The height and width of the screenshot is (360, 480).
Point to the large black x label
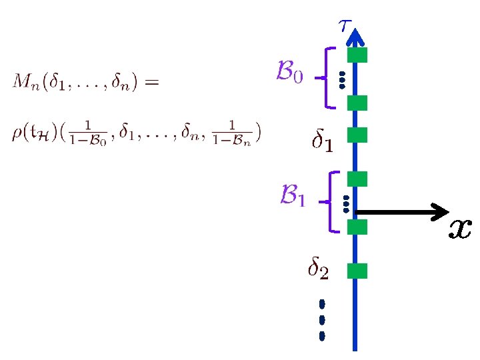[460, 229]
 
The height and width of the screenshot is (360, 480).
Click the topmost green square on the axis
[358, 55]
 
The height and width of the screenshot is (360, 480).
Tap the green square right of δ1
[358, 135]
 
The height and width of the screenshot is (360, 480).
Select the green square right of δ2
[358, 271]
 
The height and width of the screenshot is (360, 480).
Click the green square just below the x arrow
[358, 227]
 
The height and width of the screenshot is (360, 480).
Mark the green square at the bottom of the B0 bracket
[358, 103]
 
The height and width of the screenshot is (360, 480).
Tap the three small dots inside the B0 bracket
[341, 79]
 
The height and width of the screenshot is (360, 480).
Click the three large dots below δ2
[322, 319]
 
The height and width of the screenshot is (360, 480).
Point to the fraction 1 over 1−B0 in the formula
[87, 132]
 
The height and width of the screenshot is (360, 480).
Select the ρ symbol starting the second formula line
[16, 133]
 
